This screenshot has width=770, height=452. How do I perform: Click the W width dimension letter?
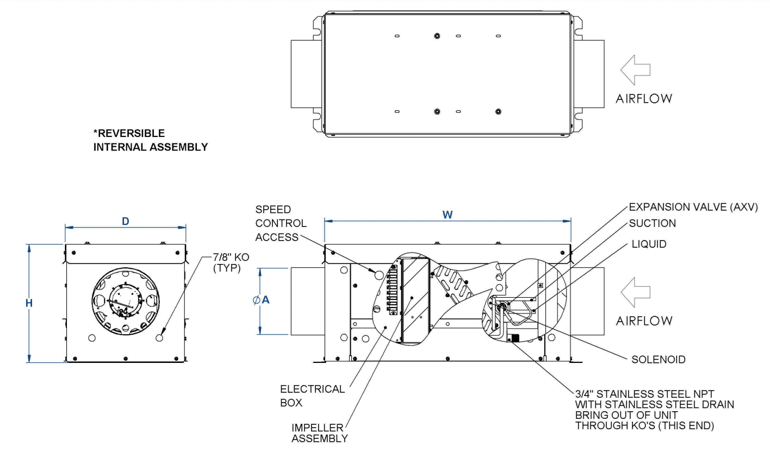(x=447, y=215)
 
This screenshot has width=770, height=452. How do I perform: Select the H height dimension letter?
(x=29, y=303)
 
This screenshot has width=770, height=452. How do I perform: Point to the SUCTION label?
(x=653, y=223)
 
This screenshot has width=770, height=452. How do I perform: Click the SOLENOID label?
(x=658, y=360)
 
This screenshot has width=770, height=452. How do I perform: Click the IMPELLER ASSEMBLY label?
(x=320, y=432)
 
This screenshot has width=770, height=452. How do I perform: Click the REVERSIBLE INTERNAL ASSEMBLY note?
(x=150, y=140)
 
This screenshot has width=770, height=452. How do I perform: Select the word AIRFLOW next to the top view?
(x=644, y=99)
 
